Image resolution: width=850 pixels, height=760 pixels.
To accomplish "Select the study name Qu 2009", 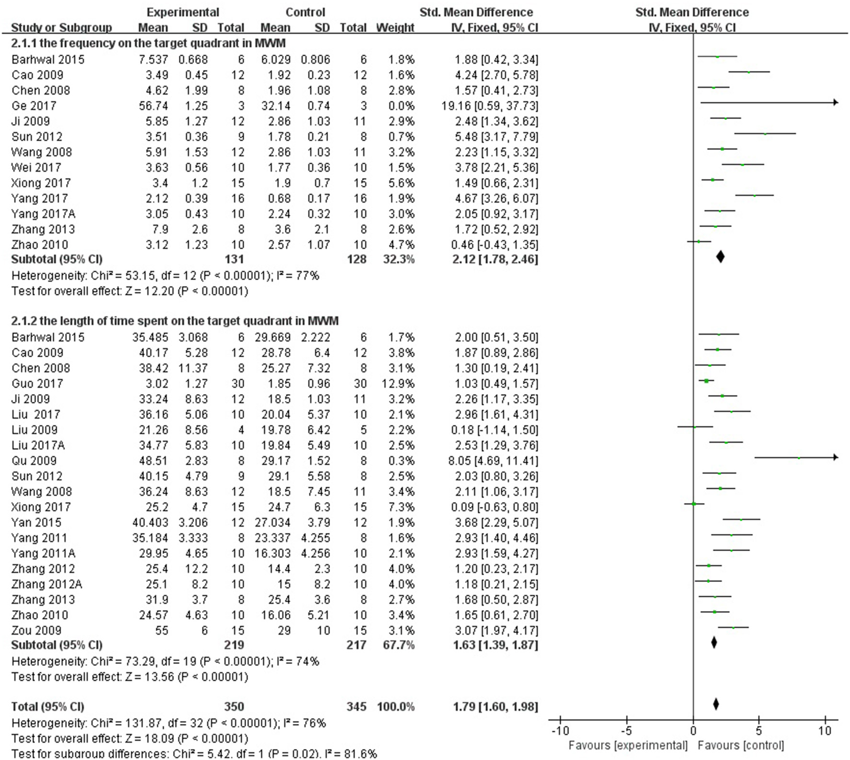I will (x=34, y=461).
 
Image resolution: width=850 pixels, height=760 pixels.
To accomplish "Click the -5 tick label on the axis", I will (x=626, y=731).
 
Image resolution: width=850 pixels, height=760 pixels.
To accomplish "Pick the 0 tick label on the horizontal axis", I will (x=693, y=731).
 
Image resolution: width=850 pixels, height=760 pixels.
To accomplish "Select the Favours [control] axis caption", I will (x=741, y=746).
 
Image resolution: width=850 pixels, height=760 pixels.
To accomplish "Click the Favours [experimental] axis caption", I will (x=627, y=746).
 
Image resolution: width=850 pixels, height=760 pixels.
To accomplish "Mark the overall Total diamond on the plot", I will (x=716, y=704).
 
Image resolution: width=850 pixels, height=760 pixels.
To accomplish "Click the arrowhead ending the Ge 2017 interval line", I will (x=836, y=102).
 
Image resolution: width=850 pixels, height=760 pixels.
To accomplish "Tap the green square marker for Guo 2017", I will (x=706, y=381).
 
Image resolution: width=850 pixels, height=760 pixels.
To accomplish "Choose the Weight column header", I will (x=395, y=28).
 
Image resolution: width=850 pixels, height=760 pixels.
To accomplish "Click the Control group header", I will (x=305, y=12).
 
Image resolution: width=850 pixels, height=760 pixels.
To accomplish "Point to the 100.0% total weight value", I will (x=395, y=707).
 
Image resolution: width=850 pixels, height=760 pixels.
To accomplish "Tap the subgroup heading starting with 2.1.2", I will (x=175, y=321).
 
